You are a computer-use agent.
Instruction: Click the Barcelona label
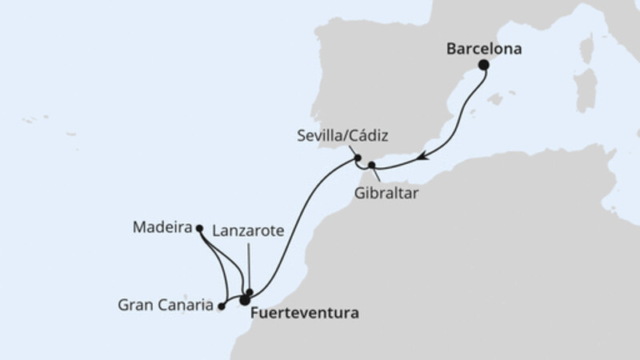(484, 49)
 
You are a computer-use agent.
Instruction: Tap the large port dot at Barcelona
(483, 65)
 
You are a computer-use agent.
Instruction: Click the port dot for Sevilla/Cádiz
(358, 158)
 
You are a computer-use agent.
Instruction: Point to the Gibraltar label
(386, 192)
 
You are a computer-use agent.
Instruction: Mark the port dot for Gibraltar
(371, 165)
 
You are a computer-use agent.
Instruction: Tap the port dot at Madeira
(198, 228)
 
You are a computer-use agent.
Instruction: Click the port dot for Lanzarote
(250, 292)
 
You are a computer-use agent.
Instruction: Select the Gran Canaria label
(166, 305)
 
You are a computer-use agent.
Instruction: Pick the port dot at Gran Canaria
(221, 305)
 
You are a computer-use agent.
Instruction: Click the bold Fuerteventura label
(304, 313)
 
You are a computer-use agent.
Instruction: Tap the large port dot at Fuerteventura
(244, 300)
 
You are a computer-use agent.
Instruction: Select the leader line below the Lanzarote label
(249, 264)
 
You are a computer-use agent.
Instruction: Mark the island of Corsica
(586, 49)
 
